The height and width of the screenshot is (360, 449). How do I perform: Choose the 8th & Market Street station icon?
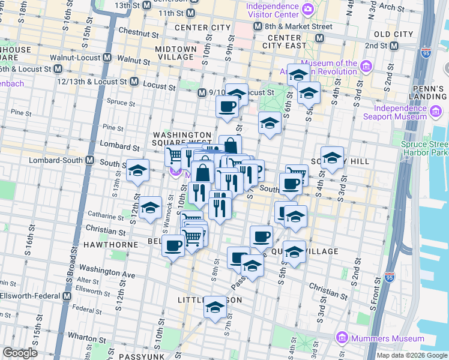pyautogui.click(x=258, y=26)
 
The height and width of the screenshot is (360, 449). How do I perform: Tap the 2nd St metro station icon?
pyautogui.click(x=394, y=46)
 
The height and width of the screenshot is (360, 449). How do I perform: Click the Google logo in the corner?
pyautogui.click(x=20, y=353)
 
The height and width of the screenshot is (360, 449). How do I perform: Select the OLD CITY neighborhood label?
pyautogui.click(x=394, y=35)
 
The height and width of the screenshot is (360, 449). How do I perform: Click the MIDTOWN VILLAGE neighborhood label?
pyautogui.click(x=176, y=53)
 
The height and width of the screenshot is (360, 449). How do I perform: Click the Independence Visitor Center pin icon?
pyautogui.click(x=308, y=9)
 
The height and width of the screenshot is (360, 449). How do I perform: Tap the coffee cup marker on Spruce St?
pyautogui.click(x=227, y=107)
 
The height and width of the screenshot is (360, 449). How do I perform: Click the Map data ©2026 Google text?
pyautogui.click(x=412, y=355)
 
